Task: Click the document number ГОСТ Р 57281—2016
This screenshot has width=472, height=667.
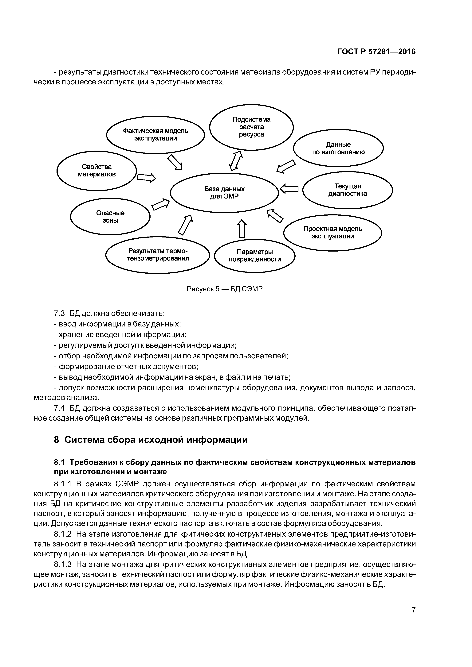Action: pyautogui.click(x=376, y=52)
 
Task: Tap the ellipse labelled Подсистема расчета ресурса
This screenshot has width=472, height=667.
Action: pyautogui.click(x=251, y=127)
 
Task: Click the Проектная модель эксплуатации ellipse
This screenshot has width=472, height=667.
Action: pyautogui.click(x=332, y=232)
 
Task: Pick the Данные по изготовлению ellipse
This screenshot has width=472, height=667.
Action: pyautogui.click(x=338, y=148)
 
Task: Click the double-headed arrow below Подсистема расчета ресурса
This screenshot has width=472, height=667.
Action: pyautogui.click(x=236, y=160)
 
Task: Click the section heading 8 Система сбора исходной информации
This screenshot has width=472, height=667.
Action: pyautogui.click(x=151, y=440)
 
